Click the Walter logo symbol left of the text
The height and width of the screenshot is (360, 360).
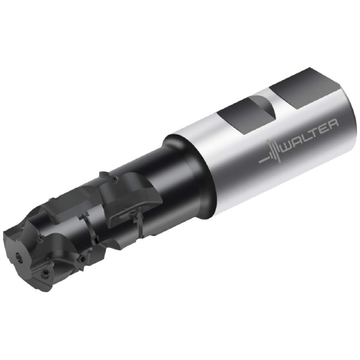pyautogui.click(x=271, y=152)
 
